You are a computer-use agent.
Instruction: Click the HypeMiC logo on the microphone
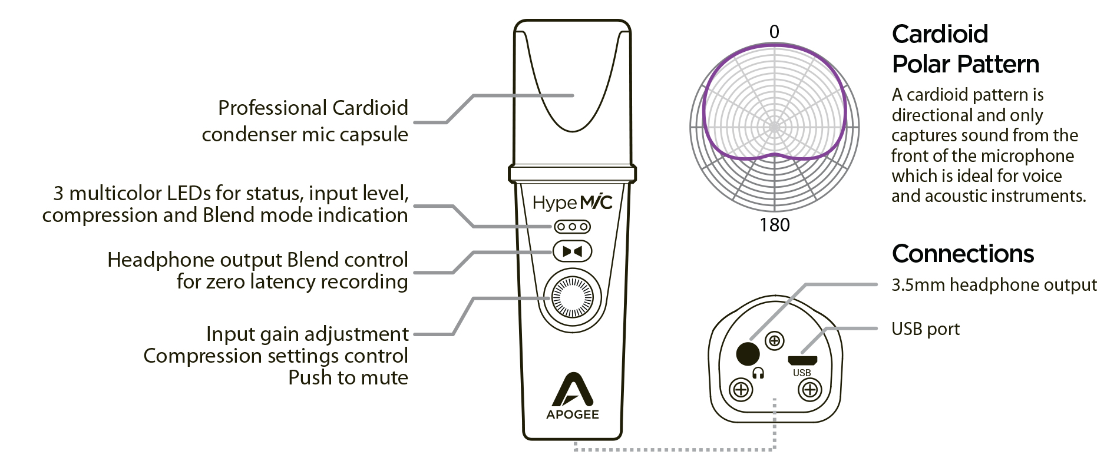pyautogui.click(x=572, y=203)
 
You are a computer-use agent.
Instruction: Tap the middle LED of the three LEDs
pyautogui.click(x=572, y=227)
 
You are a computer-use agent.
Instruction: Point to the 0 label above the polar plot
pyautogui.click(x=774, y=32)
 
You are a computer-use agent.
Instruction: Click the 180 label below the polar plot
pyautogui.click(x=774, y=225)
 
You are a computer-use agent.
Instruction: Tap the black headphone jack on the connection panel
pyautogui.click(x=748, y=353)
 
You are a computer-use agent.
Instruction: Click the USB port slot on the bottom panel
pyautogui.click(x=802, y=360)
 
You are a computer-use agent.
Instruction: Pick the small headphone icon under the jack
pyautogui.click(x=758, y=373)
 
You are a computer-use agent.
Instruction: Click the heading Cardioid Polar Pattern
pyautogui.click(x=965, y=49)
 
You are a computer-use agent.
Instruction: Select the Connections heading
pyautogui.click(x=963, y=254)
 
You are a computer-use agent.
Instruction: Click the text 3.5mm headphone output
pyautogui.click(x=994, y=285)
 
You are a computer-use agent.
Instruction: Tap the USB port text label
pyautogui.click(x=926, y=329)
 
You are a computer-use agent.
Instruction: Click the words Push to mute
pyautogui.click(x=348, y=377)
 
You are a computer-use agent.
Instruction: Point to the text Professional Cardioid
pyautogui.click(x=313, y=108)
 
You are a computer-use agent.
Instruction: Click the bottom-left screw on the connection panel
pyautogui.click(x=741, y=389)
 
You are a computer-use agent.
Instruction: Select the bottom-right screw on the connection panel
pyautogui.click(x=810, y=389)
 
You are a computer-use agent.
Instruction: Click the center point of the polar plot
pyautogui.click(x=774, y=127)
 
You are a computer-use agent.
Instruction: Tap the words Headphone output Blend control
pyautogui.click(x=257, y=260)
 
